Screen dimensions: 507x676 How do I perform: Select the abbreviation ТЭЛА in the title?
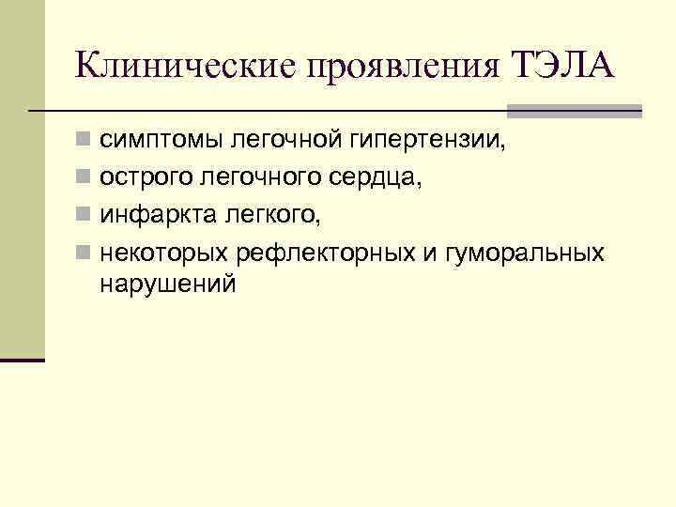[x=563, y=66]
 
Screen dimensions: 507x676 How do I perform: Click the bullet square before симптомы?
[x=84, y=143]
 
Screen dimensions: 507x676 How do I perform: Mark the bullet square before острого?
[x=84, y=180]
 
